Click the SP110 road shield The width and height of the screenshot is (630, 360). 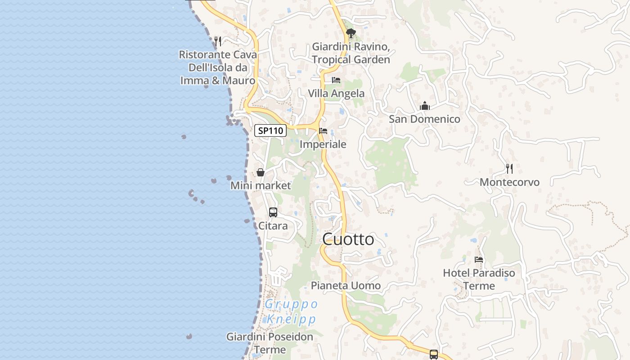click(x=270, y=130)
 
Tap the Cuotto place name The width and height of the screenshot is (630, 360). click(x=348, y=239)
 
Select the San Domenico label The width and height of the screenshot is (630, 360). click(x=424, y=119)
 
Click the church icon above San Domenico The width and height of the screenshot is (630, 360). click(x=424, y=106)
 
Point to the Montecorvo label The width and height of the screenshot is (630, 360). click(x=509, y=182)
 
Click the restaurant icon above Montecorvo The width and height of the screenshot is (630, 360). click(x=509, y=169)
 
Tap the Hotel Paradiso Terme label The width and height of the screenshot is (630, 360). click(x=479, y=279)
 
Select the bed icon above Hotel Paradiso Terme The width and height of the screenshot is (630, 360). click(x=479, y=260)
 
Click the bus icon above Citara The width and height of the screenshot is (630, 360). click(x=273, y=212)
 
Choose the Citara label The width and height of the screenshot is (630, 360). click(x=273, y=225)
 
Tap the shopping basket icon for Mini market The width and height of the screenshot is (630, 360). click(x=260, y=172)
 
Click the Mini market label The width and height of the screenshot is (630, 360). click(x=261, y=185)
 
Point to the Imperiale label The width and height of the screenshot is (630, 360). click(x=323, y=144)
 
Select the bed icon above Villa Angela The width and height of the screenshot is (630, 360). click(x=336, y=81)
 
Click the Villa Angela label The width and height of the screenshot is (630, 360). click(x=336, y=94)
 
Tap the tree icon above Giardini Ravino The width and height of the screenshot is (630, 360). click(x=351, y=33)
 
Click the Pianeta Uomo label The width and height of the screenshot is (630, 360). click(x=346, y=285)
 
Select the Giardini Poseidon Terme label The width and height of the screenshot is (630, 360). click(x=270, y=343)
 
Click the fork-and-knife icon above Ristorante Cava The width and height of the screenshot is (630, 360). click(x=218, y=41)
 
